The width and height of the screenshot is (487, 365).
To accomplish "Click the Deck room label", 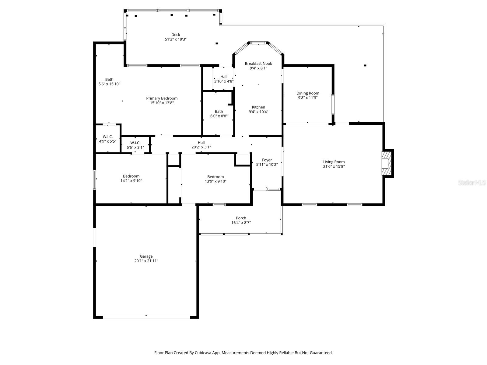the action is pyautogui.click(x=176, y=35).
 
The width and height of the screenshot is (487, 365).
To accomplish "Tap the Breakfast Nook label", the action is pyautogui.click(x=258, y=63).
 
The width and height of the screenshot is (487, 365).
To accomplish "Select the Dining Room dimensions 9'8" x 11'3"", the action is pyautogui.click(x=308, y=98).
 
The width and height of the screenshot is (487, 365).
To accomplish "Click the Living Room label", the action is pyautogui.click(x=334, y=162).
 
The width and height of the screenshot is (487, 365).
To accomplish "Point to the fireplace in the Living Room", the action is pyautogui.click(x=387, y=163).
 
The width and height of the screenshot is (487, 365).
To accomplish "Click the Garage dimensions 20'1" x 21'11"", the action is pyautogui.click(x=146, y=261).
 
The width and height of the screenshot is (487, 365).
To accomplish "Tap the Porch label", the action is pyautogui.click(x=241, y=218).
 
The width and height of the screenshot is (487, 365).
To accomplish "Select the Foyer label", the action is pyautogui.click(x=267, y=160).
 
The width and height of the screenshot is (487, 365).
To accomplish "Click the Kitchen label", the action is pyautogui.click(x=258, y=107).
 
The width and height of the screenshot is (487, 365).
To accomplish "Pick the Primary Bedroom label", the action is pyautogui.click(x=162, y=98).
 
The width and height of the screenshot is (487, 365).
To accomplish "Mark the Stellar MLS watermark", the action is pyautogui.click(x=472, y=182).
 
